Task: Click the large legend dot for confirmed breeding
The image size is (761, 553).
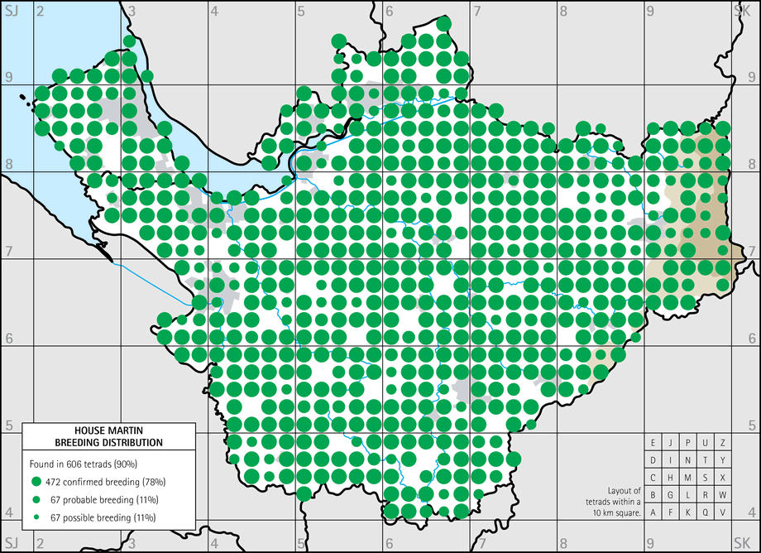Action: [x=36, y=481]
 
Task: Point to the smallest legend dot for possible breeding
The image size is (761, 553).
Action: [x=36, y=517]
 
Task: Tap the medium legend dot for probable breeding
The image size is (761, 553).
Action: [x=36, y=499]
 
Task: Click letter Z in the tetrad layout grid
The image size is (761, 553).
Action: [x=723, y=443]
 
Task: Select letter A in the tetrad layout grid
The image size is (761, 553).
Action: [x=653, y=512]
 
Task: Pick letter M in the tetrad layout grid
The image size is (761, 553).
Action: [x=688, y=478]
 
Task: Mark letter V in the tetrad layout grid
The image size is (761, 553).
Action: [x=723, y=512]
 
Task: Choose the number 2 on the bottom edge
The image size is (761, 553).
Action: [x=39, y=542]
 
